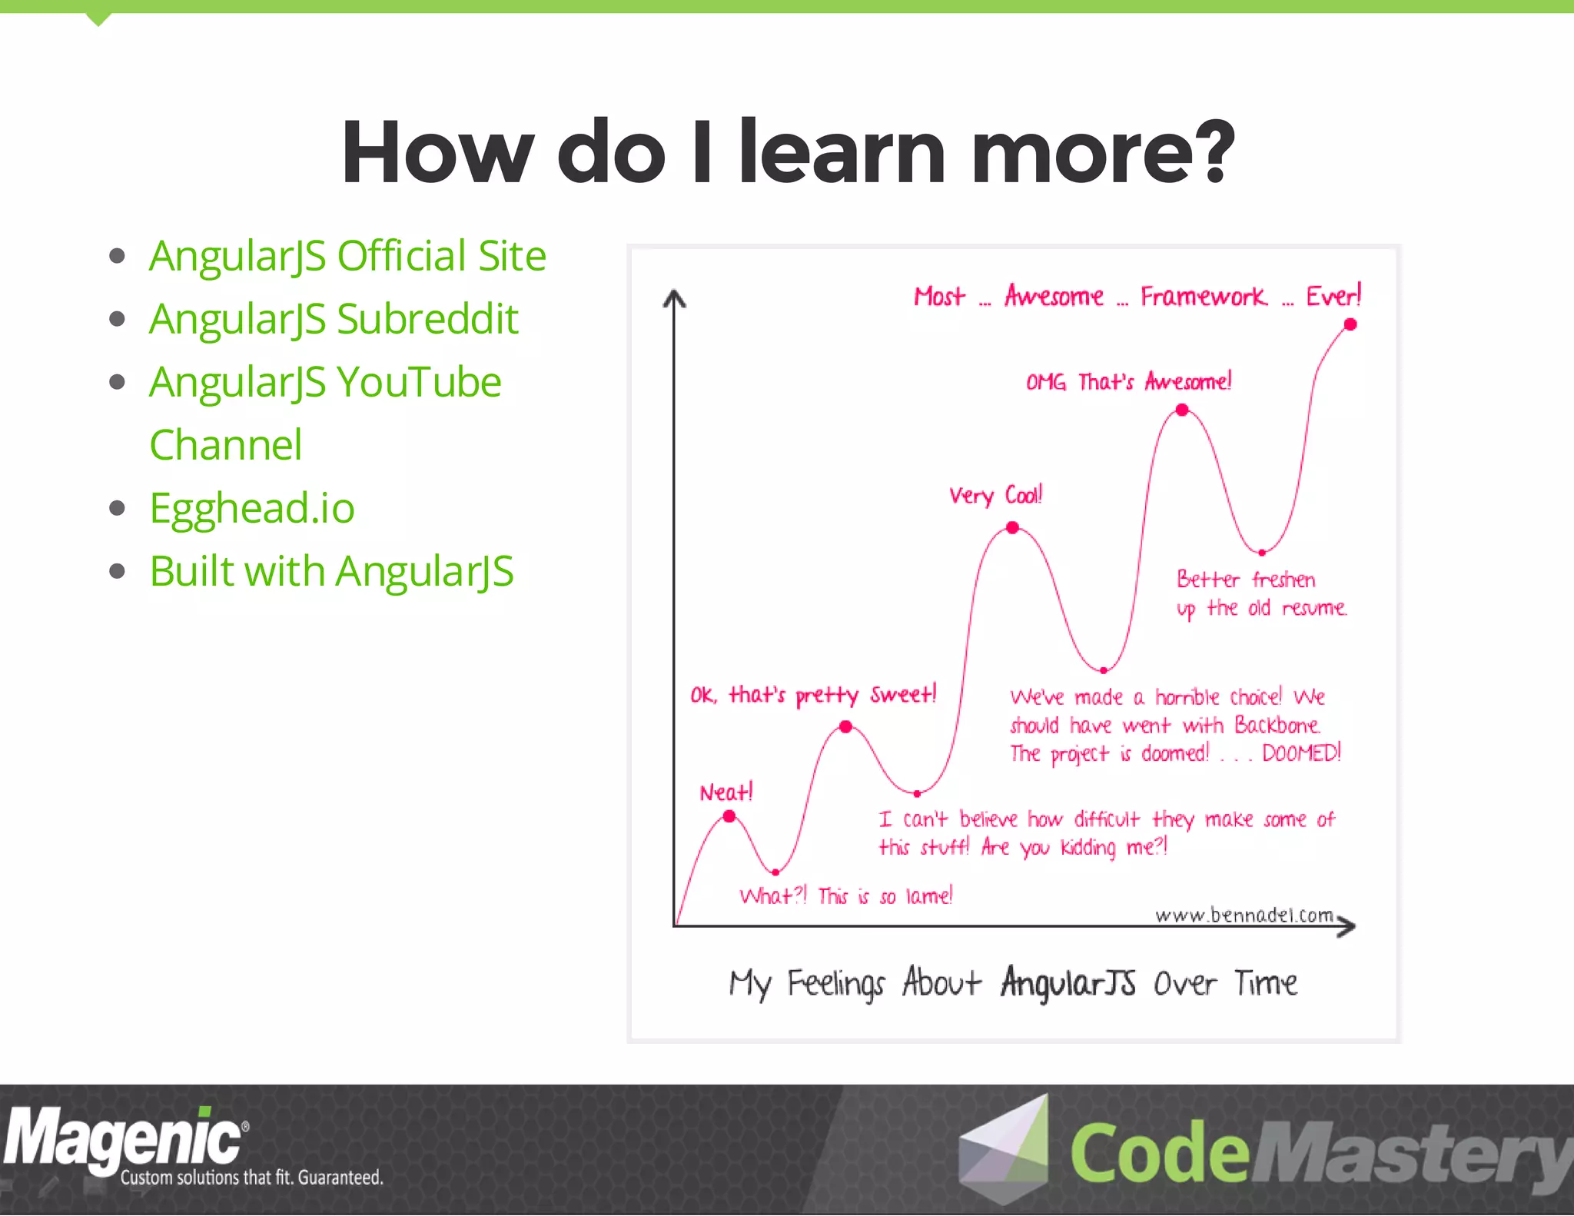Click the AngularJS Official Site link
(347, 256)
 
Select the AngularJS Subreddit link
(334, 319)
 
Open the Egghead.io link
(252, 508)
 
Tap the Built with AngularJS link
(331, 571)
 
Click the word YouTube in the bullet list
(419, 382)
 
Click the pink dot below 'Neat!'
(729, 816)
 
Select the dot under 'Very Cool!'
(1013, 527)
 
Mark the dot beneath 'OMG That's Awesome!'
(1182, 410)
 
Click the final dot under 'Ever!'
(1350, 324)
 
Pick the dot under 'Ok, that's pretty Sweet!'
(845, 726)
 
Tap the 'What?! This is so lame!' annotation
(845, 896)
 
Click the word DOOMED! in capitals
(1300, 753)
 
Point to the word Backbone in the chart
(1277, 725)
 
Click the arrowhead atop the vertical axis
(674, 298)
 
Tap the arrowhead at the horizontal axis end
(1347, 925)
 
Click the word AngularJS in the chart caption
(1068, 983)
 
